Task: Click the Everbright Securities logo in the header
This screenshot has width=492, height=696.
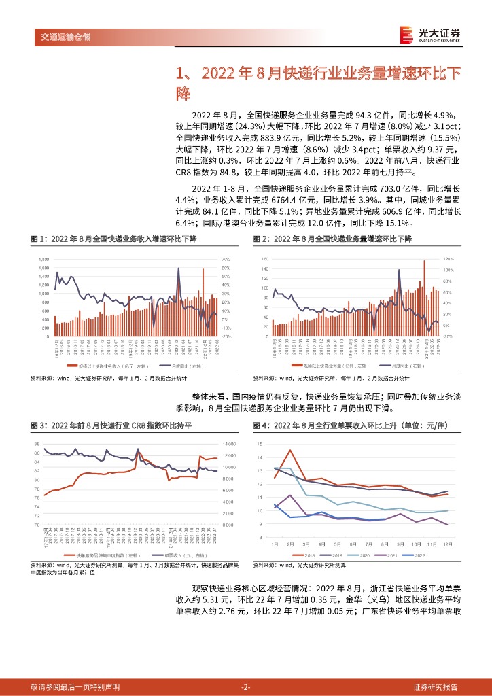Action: (x=429, y=35)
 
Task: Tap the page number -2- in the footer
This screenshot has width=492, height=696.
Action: (x=246, y=686)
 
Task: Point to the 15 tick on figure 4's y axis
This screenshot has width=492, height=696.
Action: (x=260, y=443)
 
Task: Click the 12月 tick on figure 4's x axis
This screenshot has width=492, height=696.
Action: (x=447, y=543)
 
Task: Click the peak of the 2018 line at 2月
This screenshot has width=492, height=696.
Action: (x=290, y=450)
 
